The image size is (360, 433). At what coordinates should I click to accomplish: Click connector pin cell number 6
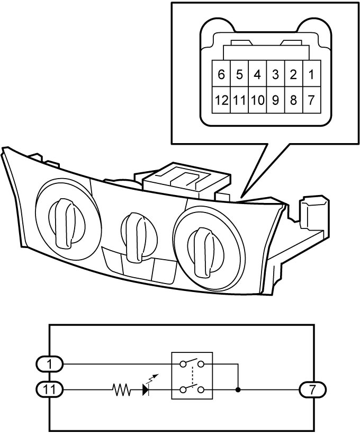[x=221, y=74]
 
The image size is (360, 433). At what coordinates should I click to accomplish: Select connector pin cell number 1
[x=312, y=74]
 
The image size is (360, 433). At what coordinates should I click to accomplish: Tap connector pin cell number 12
[x=221, y=100]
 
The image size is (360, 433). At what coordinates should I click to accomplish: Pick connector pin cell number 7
[x=312, y=100]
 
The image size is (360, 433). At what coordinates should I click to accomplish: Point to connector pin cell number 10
[x=257, y=100]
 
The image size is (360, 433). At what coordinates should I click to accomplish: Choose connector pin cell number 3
[x=276, y=74]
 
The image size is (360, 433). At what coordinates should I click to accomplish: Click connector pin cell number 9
[x=276, y=100]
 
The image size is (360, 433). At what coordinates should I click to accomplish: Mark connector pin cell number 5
[x=239, y=74]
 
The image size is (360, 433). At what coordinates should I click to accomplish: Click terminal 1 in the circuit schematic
[x=50, y=364]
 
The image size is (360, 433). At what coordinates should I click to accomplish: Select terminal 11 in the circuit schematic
[x=50, y=390]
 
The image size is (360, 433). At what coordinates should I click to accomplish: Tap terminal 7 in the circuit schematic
[x=312, y=390]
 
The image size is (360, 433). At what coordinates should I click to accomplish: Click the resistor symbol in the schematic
[x=122, y=390]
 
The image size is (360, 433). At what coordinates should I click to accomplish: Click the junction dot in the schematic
[x=238, y=390]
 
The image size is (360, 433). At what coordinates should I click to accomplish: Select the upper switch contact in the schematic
[x=192, y=363]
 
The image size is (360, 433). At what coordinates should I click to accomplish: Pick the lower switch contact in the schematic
[x=192, y=388]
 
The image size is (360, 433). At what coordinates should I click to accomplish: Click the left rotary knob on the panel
[x=66, y=223]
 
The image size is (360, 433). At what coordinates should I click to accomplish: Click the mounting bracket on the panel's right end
[x=313, y=211]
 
